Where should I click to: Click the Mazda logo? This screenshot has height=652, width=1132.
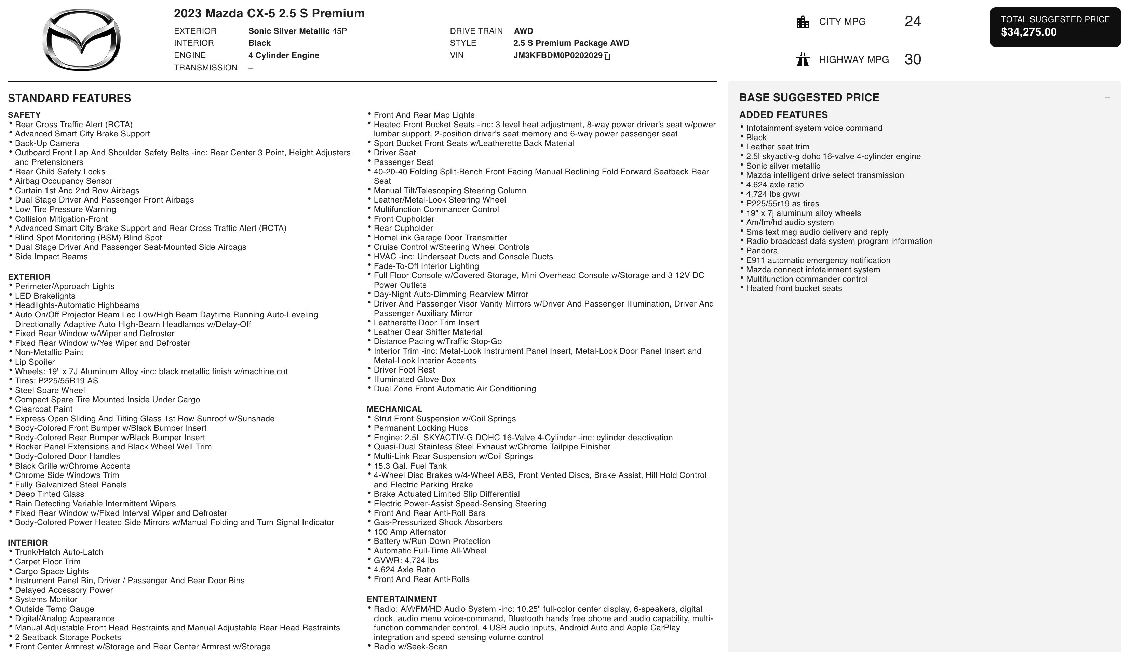point(81,40)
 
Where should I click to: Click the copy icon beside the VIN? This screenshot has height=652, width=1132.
point(607,56)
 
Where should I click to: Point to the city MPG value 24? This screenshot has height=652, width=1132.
point(912,22)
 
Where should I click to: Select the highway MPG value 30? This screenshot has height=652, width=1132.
point(912,60)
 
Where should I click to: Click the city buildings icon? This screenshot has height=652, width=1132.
point(803,22)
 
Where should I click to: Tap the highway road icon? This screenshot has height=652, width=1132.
point(803,60)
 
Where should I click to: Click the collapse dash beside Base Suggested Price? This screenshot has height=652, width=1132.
point(1107,97)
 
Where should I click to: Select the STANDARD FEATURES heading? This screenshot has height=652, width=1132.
point(69,99)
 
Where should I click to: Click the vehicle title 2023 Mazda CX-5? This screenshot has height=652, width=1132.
point(269,13)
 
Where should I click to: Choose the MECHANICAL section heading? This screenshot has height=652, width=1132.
point(394,409)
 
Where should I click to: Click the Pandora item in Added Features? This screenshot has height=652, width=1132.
point(762,251)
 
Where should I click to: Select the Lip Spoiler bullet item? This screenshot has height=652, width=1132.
point(35,362)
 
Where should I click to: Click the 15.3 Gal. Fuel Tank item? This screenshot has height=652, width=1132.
point(410,466)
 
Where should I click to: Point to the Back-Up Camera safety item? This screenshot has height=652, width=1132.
point(47,143)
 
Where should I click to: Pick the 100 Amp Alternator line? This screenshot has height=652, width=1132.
point(410,532)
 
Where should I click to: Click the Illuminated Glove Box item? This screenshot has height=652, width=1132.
point(414,379)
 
